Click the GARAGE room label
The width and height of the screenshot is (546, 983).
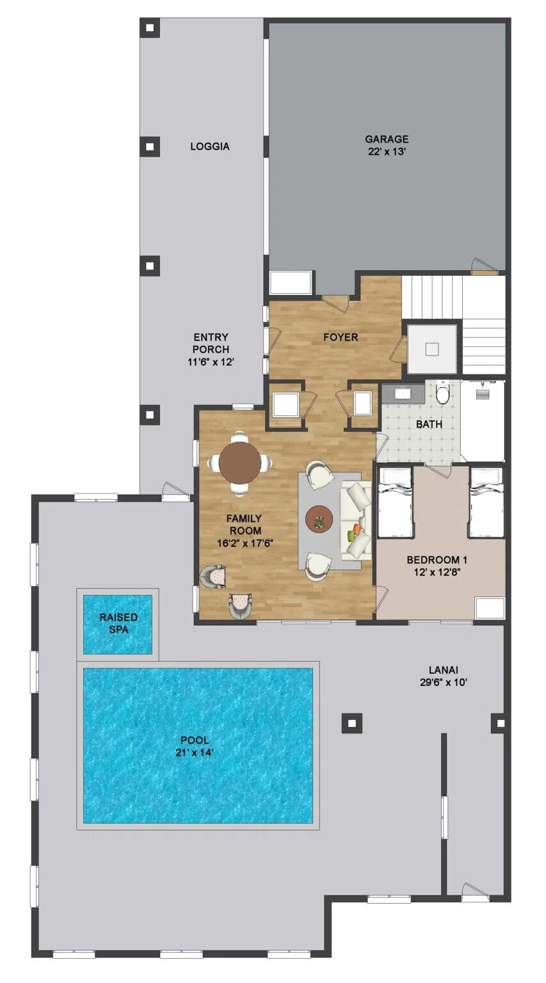[387, 140]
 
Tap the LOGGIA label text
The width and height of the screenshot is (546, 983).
[209, 147]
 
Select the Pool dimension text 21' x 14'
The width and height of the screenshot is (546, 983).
[195, 753]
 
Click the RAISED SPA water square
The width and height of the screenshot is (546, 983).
[118, 624]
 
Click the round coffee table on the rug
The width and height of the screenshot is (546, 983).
[319, 518]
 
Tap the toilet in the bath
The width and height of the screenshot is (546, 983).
[442, 393]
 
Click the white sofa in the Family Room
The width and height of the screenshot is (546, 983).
[354, 520]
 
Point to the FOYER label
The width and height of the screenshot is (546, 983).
[340, 337]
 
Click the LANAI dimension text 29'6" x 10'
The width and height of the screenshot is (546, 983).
[439, 682]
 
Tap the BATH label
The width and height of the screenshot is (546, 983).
[429, 424]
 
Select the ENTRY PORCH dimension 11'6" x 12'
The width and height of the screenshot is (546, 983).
[211, 362]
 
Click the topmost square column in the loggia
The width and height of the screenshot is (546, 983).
[150, 28]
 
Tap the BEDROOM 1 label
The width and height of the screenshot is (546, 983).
[432, 560]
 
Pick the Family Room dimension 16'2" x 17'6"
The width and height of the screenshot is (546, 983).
[246, 543]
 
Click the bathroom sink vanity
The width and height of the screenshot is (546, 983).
[403, 392]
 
